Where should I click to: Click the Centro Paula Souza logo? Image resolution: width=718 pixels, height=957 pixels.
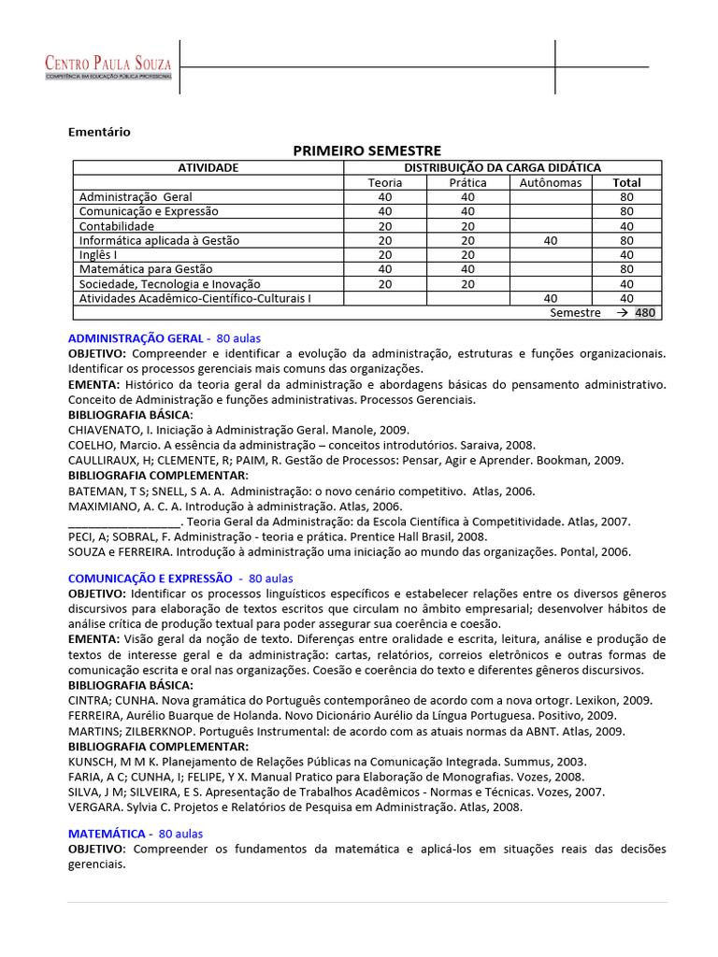pos(108,66)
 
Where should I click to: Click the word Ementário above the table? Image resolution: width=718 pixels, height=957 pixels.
pos(99,132)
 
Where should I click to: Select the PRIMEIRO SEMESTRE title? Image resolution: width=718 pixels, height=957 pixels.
pos(366,150)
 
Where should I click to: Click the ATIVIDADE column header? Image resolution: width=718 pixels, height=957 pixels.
pos(208,167)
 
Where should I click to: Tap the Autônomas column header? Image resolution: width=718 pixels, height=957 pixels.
pos(550,182)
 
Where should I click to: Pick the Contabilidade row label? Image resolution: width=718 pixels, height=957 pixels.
pos(117,226)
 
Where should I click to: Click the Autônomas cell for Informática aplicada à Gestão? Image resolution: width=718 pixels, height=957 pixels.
pos(550,240)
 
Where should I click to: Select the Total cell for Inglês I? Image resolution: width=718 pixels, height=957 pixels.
pos(626,255)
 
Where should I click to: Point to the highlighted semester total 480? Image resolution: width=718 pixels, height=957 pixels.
pos(645,313)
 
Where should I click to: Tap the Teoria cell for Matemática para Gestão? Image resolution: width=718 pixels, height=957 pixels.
pos(385,269)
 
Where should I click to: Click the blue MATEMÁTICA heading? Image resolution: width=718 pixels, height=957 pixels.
pos(107,833)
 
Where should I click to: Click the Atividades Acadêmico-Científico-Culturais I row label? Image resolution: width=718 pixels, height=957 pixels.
pos(195,298)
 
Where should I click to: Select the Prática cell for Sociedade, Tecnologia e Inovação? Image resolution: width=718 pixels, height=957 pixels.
pos(467,284)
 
